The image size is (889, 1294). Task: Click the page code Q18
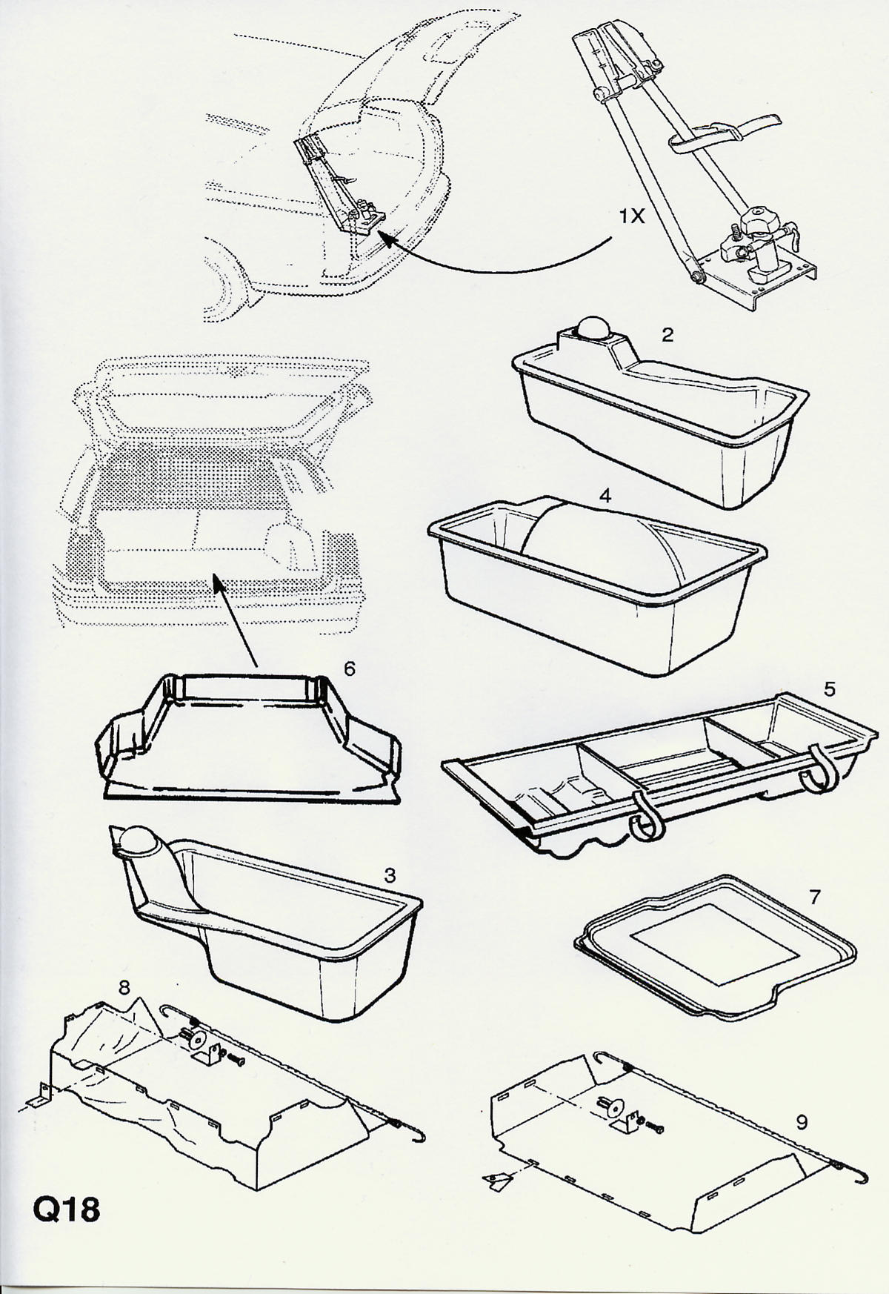tap(66, 1211)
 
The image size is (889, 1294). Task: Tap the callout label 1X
tap(633, 216)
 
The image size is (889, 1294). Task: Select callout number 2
tap(667, 335)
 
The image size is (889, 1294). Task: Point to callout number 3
tap(390, 875)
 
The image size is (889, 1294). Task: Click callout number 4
tap(605, 496)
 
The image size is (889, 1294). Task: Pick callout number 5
tap(830, 689)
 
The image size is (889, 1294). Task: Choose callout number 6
tap(350, 668)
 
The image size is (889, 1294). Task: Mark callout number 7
tap(815, 897)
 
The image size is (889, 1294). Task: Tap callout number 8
tap(124, 987)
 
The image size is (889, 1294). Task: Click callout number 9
tap(802, 1122)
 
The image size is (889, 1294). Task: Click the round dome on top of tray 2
tap(593, 327)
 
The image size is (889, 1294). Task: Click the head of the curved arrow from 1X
tap(385, 238)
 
